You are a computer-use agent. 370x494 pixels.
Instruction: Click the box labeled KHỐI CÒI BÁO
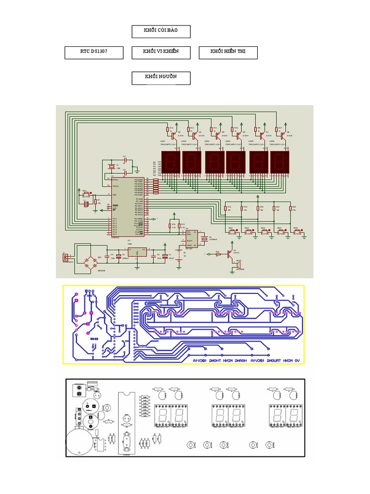[x=161, y=31]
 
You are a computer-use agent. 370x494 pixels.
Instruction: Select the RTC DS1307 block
[x=94, y=53]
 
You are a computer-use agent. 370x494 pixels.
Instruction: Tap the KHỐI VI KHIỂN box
[x=161, y=53]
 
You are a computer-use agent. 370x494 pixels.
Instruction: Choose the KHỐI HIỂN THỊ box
[x=227, y=53]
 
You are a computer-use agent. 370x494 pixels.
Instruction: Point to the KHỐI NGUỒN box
[x=161, y=78]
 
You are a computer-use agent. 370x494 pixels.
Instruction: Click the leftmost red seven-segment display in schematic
[x=171, y=163]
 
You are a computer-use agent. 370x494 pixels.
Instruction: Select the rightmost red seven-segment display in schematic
[x=280, y=163]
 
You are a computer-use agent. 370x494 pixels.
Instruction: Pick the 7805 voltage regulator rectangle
[x=138, y=252]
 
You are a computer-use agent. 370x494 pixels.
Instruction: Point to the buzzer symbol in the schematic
[x=238, y=265]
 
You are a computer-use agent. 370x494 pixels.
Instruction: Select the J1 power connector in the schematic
[x=66, y=257]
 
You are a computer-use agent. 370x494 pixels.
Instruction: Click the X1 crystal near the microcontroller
[x=112, y=167]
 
